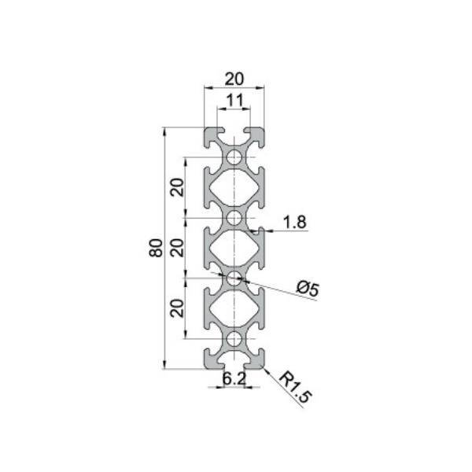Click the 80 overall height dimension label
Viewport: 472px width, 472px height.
[156, 248]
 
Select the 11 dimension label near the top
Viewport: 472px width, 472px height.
[234, 100]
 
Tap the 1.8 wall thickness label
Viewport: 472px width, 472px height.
[295, 223]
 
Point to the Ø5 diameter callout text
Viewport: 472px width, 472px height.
[308, 289]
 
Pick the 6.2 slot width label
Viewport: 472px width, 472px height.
[234, 378]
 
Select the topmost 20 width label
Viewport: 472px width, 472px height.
[234, 79]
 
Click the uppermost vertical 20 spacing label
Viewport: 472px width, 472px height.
[177, 187]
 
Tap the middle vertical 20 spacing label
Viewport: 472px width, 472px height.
[177, 248]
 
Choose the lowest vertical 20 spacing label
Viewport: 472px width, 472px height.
[177, 308]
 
